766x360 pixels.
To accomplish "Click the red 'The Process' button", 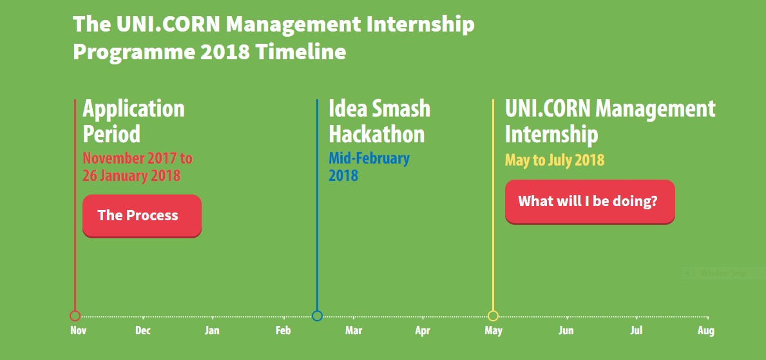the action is pyautogui.click(x=142, y=216).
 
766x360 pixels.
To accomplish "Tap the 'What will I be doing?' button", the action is pyautogui.click(x=589, y=202).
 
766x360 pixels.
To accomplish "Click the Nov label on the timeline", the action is pyautogui.click(x=78, y=330).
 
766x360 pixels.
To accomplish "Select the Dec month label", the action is pyautogui.click(x=142, y=330).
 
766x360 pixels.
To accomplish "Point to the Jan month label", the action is pyautogui.click(x=212, y=330).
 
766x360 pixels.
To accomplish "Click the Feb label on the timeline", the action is pyautogui.click(x=283, y=330).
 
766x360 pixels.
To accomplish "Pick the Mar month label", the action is pyautogui.click(x=354, y=330).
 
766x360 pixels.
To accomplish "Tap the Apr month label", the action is pyautogui.click(x=423, y=331).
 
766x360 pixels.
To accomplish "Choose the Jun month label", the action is pyautogui.click(x=566, y=330).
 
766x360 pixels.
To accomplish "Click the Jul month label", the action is pyautogui.click(x=636, y=330).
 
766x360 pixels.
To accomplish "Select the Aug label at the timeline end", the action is pyautogui.click(x=706, y=331).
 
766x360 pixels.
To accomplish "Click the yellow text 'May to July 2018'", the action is pyautogui.click(x=555, y=160).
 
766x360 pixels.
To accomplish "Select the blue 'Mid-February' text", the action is pyautogui.click(x=369, y=158).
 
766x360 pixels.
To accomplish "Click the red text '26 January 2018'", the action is pyautogui.click(x=131, y=175).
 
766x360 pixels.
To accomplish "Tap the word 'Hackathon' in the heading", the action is pyautogui.click(x=377, y=134).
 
